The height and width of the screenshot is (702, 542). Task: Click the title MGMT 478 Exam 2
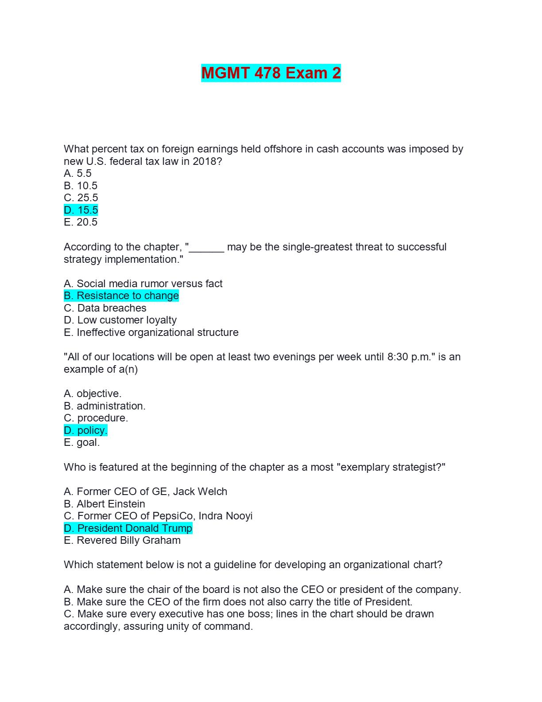[271, 73]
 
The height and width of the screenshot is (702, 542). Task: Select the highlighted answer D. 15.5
[81, 210]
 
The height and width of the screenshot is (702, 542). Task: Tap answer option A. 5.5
[78, 173]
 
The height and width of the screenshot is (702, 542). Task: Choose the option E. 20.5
[81, 222]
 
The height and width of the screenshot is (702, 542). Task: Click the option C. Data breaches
[105, 308]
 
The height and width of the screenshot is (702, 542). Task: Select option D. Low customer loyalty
[120, 320]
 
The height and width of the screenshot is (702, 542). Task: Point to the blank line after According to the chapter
[207, 248]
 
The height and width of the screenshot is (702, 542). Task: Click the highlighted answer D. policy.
[85, 430]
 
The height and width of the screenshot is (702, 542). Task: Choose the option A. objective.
[93, 394]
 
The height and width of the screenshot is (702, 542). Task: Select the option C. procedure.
[96, 418]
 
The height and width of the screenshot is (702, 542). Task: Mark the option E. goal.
[82, 442]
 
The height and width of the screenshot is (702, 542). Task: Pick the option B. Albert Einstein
[105, 504]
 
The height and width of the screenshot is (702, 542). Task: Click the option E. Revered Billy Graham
[122, 540]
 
